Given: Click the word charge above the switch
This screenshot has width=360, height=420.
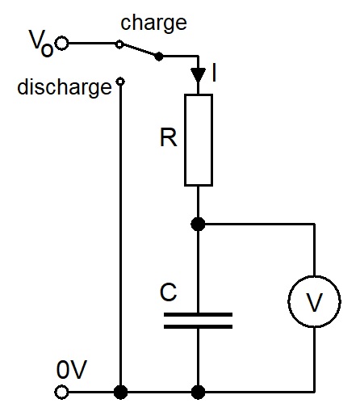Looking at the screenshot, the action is coord(153,23).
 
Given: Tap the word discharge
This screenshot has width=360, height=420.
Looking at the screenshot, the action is coord(65,86).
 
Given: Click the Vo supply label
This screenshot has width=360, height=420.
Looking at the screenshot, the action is coord(41,43).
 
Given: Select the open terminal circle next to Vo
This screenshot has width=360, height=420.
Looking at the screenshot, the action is coord(62,43).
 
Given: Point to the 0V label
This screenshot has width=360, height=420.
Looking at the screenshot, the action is coord(72,369).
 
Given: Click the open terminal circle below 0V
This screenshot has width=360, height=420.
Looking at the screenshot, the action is coord(62,392).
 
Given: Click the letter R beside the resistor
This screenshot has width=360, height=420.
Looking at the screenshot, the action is coord(169,137).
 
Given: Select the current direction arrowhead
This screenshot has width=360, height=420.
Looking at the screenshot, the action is coord(199,75).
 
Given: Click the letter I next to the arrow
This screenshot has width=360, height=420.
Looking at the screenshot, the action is coord(214,72).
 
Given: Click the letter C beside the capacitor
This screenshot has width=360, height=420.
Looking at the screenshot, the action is coord(168,292).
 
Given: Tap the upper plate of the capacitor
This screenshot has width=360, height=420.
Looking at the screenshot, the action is coord(198,314).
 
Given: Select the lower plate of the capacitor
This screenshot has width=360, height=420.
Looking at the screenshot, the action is coord(198,326).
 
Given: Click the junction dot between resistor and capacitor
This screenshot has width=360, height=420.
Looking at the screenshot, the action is coord(198,224).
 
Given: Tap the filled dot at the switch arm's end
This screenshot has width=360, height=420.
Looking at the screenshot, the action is coord(159,57).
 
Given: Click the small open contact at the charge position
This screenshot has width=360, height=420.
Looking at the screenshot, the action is coord(119,44).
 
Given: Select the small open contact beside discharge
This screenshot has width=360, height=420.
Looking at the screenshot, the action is coord(120,81).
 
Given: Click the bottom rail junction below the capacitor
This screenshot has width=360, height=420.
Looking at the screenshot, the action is coord(198,392).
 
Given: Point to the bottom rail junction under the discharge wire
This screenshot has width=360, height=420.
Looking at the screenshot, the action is coord(120,392).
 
